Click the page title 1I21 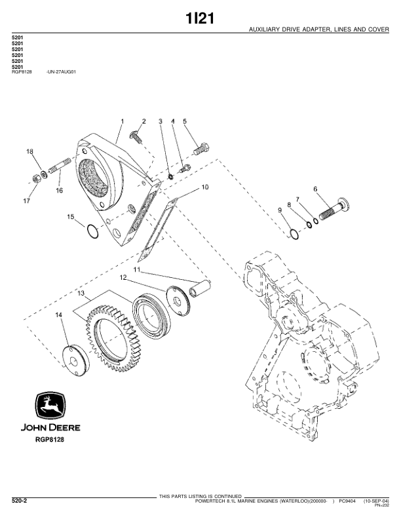tap(200, 18)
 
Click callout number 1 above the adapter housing tap(122, 121)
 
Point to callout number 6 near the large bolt tap(315, 189)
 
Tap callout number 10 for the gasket tap(204, 187)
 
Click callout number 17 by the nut tap(27, 201)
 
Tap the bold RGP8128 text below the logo tap(49, 440)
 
